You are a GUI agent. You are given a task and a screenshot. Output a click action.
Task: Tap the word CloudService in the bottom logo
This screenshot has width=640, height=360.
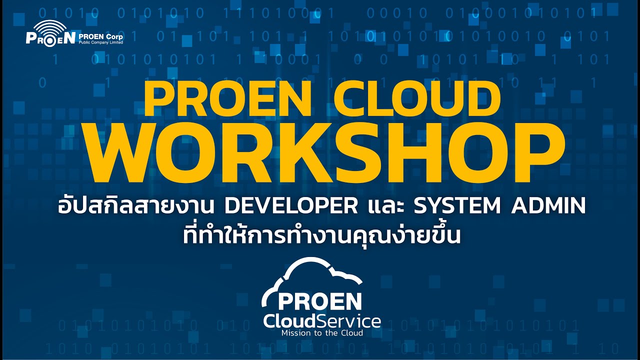pos(321,320)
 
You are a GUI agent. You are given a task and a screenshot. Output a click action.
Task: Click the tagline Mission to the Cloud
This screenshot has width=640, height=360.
pos(321,332)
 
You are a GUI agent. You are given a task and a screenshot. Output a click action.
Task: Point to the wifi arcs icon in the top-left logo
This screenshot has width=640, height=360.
pos(50,27)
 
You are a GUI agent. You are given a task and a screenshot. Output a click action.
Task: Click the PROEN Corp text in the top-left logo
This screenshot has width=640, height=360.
pos(100,36)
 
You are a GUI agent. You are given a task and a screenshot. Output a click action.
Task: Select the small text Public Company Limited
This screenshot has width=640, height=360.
pos(100,42)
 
